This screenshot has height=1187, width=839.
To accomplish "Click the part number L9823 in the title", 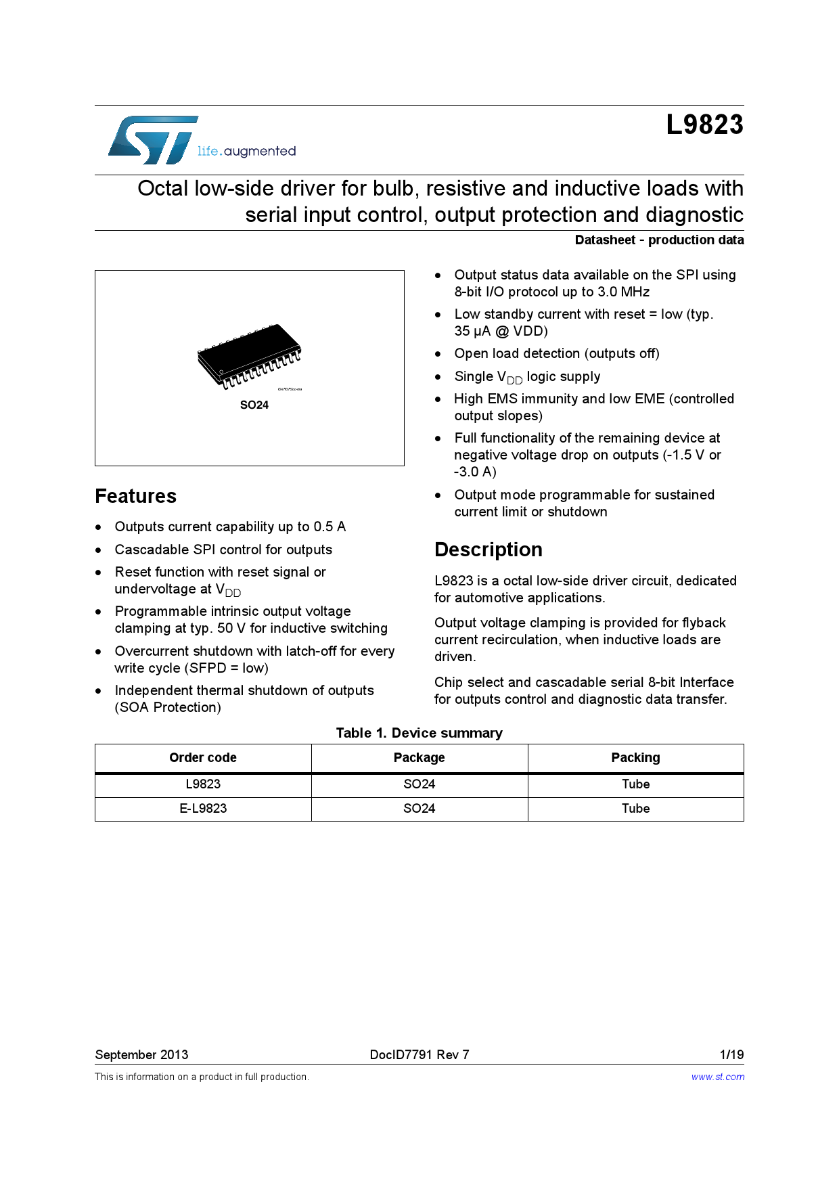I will point(704,125).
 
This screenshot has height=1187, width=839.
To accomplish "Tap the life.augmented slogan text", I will point(246,151).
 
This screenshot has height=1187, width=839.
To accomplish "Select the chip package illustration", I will point(249,356).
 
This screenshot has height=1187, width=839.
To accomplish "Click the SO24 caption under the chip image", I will point(254,405).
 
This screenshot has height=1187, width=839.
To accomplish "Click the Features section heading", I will point(135,496).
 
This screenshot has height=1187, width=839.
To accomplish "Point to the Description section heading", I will point(488,550).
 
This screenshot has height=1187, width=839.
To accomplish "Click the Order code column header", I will point(203,757).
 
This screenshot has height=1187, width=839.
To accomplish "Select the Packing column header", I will point(635,757).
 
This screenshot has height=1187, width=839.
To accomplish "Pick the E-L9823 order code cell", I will point(203,808).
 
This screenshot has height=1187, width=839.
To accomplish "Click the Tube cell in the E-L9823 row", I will point(635,808).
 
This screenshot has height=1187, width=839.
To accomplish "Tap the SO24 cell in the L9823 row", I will point(419,784).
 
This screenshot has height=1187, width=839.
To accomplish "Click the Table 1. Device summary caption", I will point(419,733).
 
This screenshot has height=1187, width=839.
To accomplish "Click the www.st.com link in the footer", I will point(717,1077).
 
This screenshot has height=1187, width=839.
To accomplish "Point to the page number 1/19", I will point(731,1054).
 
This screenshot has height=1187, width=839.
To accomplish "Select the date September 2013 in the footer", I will point(141,1054).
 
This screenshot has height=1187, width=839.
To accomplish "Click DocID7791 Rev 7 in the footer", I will point(419,1054).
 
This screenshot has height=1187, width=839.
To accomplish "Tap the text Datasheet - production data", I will point(659,240).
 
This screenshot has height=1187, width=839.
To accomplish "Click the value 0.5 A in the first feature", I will point(330,527).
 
